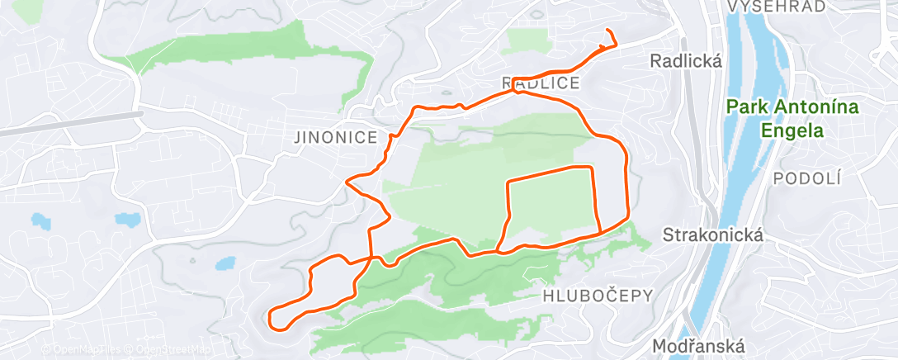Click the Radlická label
[686, 61]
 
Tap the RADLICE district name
[541, 83]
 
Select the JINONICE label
[335, 138]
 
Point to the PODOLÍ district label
[798, 178]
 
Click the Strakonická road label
[711, 235]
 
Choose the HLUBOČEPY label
[598, 295]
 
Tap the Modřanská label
[698, 346]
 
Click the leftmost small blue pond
[39, 221]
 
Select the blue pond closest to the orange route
[225, 265]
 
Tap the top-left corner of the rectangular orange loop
[507, 180]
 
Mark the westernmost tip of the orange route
[270, 314]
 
